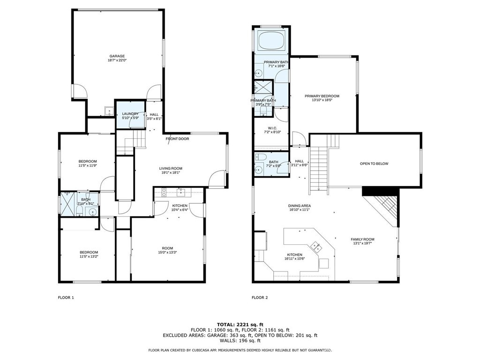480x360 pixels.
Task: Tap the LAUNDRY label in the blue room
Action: tap(130, 113)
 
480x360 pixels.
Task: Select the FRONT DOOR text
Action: tap(177, 139)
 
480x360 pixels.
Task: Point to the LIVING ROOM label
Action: tap(170, 168)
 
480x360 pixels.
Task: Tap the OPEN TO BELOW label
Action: tap(374, 164)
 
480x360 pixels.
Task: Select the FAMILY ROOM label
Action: tap(362, 240)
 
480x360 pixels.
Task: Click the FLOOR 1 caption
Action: tap(66, 298)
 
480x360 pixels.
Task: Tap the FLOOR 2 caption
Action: tap(260, 298)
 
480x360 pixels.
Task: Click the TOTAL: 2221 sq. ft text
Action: tap(240, 324)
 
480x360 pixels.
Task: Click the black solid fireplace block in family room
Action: tap(380, 190)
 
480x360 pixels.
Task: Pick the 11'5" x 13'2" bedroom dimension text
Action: tap(88, 256)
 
